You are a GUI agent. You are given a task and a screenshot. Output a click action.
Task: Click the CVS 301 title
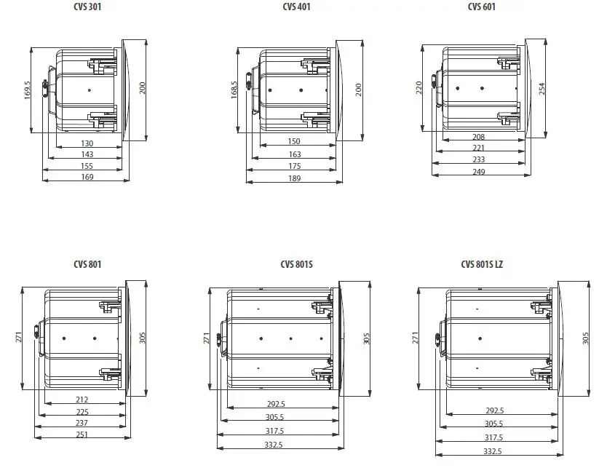tap(87, 7)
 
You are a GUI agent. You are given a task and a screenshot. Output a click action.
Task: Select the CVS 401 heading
tap(295, 7)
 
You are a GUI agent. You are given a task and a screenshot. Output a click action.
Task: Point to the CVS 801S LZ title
tap(482, 265)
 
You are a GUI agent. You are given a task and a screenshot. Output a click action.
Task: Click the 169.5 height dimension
tap(27, 90)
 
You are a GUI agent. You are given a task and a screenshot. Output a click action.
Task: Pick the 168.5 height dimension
tap(234, 91)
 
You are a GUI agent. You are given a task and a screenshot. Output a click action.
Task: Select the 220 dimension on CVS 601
tap(418, 87)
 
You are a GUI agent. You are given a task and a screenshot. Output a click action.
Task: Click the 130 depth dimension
tap(87, 143)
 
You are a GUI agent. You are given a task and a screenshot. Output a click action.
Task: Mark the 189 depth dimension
tap(294, 178)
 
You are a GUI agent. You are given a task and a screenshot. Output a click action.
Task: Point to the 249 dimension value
tap(479, 172)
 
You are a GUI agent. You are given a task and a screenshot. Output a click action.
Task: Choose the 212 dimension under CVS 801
tap(82, 399)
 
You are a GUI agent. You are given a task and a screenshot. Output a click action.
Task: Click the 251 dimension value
tap(82, 435)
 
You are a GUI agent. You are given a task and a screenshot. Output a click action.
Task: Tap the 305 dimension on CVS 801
tap(143, 338)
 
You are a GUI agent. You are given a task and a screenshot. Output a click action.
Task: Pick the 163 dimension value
tap(294, 154)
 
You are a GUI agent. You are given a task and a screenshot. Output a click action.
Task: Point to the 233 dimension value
tap(479, 159)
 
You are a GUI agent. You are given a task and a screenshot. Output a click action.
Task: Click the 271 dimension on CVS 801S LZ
tap(416, 338)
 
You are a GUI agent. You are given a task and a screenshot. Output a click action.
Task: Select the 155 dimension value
tap(87, 166)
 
